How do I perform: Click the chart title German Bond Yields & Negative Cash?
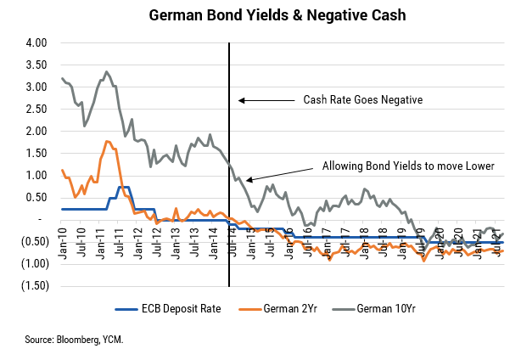260,14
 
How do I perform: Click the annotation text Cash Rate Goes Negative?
363,100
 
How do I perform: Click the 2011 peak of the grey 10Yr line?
106,72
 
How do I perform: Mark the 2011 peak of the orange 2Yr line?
107,141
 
